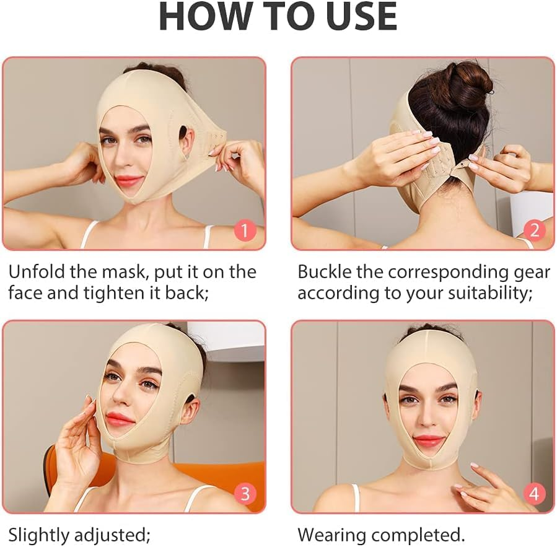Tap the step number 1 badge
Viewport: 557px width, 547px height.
(x=244, y=231)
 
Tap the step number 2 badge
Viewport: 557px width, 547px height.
(x=533, y=231)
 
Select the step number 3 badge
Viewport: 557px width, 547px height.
(x=244, y=494)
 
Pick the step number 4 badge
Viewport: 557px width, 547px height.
(x=533, y=494)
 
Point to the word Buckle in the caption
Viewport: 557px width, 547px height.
(x=329, y=272)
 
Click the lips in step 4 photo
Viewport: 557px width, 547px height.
(x=429, y=441)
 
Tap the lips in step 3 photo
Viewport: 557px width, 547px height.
(x=120, y=420)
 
